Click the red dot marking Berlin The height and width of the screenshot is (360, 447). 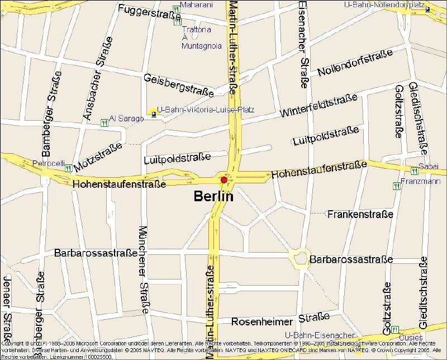[x=223, y=180]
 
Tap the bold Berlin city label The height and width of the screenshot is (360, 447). [x=213, y=196]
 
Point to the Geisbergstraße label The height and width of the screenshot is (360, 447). [x=178, y=84]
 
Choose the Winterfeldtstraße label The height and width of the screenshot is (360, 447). [x=318, y=105]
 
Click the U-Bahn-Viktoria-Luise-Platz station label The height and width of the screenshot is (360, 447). [x=206, y=110]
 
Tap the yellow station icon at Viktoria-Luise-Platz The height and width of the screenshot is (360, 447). [x=154, y=111]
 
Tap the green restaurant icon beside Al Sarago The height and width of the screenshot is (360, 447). [x=104, y=122]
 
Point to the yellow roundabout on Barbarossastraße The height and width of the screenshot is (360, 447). [x=299, y=258]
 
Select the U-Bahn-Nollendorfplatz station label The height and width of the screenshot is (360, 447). [x=386, y=4]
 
